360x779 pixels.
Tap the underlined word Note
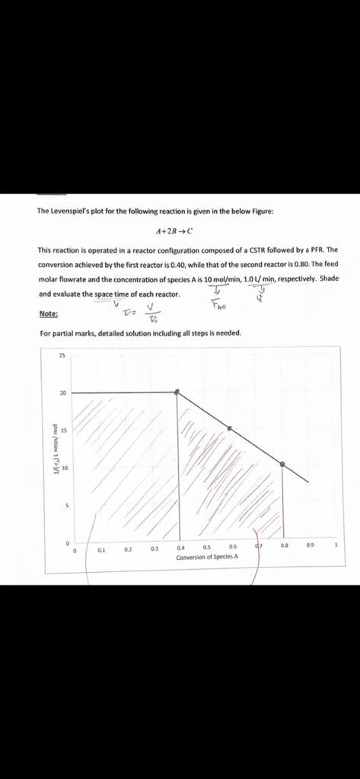pyautogui.click(x=47, y=313)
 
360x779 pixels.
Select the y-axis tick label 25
pyautogui.click(x=62, y=355)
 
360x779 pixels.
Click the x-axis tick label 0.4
pyautogui.click(x=180, y=547)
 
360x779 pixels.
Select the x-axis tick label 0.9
pyautogui.click(x=309, y=546)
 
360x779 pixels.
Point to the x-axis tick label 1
pyautogui.click(x=335, y=546)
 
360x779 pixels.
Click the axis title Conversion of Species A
pyautogui.click(x=207, y=557)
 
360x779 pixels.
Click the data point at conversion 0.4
pyautogui.click(x=178, y=392)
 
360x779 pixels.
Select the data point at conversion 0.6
pyautogui.click(x=231, y=428)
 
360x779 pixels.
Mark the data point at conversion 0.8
pyautogui.click(x=282, y=464)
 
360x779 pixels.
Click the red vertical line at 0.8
pyautogui.click(x=283, y=502)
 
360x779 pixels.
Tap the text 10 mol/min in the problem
pyautogui.click(x=219, y=279)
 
